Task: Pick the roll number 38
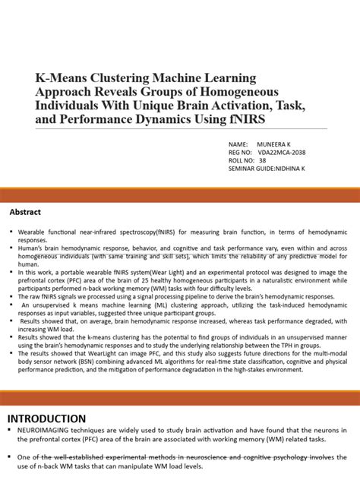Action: point(262,160)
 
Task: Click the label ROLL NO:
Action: point(243,160)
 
